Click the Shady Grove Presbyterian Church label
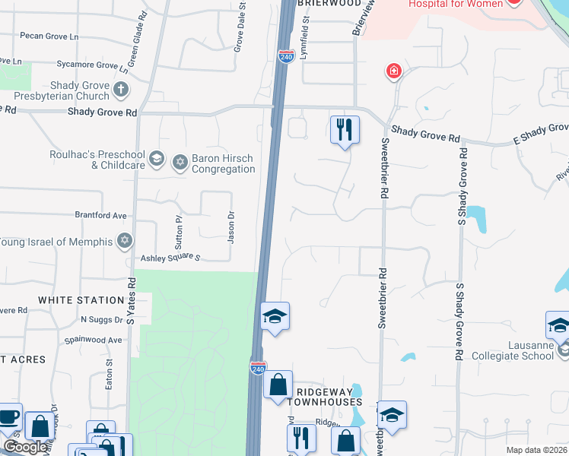pyautogui.click(x=61, y=91)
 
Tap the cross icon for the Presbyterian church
pyautogui.click(x=120, y=91)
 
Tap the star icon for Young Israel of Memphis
pyautogui.click(x=124, y=242)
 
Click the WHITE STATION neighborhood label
pyautogui.click(x=81, y=300)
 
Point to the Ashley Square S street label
pyautogui.click(x=168, y=258)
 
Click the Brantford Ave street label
pyautogui.click(x=100, y=215)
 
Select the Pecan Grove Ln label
pyautogui.click(x=50, y=36)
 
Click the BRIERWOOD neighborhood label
pyautogui.click(x=329, y=4)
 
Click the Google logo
pyautogui.click(x=25, y=447)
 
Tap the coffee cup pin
pyautogui.click(x=8, y=417)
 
